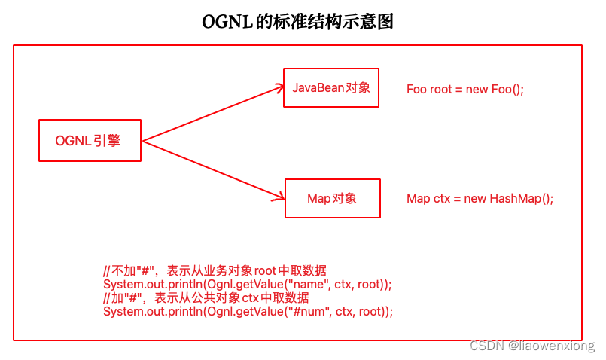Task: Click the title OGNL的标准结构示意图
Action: pos(297,22)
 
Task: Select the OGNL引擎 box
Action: pos(90,140)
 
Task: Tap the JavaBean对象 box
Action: pos(331,87)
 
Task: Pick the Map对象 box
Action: pos(332,199)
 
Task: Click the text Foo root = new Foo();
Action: pos(464,89)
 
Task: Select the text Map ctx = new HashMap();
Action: pos(480,199)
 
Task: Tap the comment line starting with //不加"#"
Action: pos(215,271)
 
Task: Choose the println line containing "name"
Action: pos(248,285)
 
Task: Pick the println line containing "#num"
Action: pos(248,312)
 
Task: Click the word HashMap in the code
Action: pos(514,199)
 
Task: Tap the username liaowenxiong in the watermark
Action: pos(556,346)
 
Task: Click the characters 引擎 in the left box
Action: pos(108,140)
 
